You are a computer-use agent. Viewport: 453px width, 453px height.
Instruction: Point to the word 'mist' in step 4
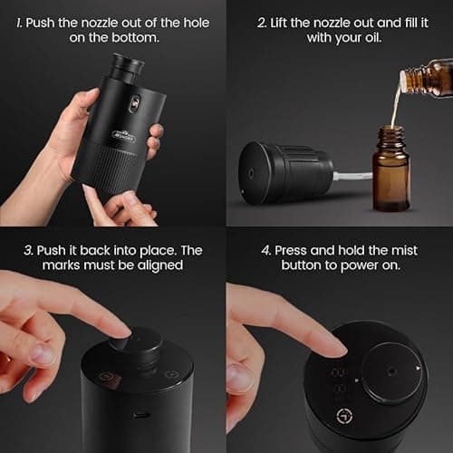[411, 249]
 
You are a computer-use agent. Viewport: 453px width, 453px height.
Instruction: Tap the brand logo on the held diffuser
[124, 135]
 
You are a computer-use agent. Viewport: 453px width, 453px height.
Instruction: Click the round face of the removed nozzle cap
[253, 171]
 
